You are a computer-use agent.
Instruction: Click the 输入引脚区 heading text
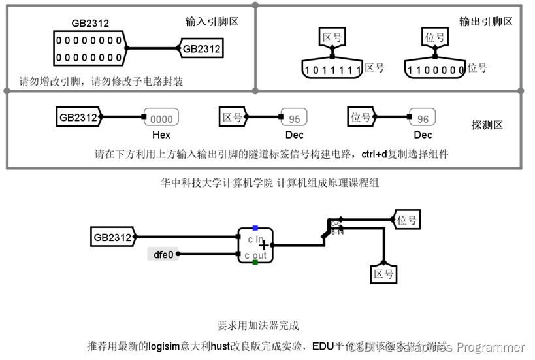212,22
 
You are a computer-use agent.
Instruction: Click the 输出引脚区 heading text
486,22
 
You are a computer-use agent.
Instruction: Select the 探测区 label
487,125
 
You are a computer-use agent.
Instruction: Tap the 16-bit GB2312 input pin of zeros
88,48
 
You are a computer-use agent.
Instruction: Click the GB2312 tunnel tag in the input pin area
201,48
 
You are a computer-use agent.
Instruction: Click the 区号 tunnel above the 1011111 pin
332,37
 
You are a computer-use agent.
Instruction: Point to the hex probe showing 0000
161,119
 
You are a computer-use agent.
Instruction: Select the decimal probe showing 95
295,119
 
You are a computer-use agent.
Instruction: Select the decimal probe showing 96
423,119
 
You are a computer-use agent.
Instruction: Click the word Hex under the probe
161,135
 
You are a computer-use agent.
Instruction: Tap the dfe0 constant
163,254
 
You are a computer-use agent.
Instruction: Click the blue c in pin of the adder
255,228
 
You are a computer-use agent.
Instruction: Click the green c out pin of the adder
255,263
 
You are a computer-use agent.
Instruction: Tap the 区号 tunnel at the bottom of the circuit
383,274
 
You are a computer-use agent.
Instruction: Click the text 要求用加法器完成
258,325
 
